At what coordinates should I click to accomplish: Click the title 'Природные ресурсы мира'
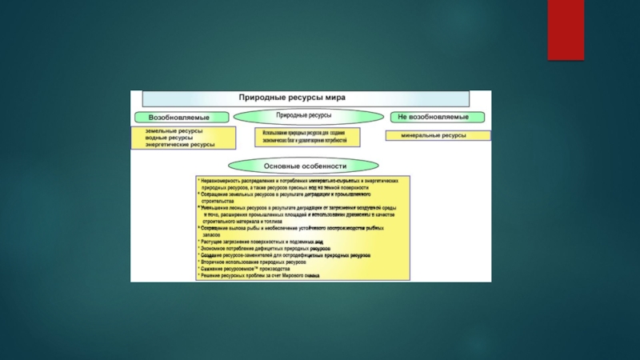tap(292, 97)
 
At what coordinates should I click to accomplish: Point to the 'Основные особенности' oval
tap(305, 166)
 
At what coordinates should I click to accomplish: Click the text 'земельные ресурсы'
tap(173, 130)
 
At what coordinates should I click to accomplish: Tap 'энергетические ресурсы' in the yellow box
tap(180, 145)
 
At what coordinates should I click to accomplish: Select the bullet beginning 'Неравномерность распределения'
tap(300, 182)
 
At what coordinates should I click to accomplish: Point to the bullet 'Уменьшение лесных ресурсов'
tap(300, 208)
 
